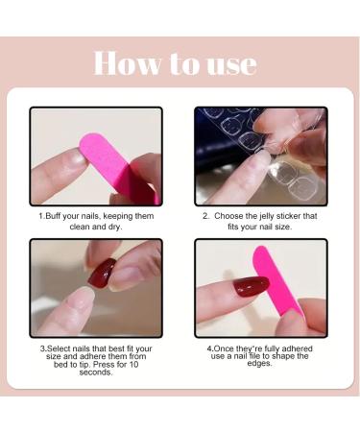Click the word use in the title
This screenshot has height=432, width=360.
coord(231,64)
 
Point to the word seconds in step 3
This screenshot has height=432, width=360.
coord(95,373)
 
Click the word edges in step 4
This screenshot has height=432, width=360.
coord(261,364)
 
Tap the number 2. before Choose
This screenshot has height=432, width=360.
coord(205,216)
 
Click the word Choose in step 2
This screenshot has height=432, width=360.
coord(234,216)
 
